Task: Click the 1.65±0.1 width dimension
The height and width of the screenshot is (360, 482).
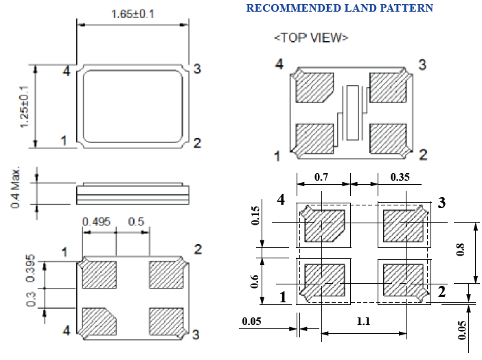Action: (132, 13)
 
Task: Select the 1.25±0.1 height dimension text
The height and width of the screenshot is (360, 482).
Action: (24, 106)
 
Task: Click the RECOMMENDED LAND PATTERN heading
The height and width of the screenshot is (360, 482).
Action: (339, 8)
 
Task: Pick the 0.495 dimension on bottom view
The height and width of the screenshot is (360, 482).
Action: (97, 221)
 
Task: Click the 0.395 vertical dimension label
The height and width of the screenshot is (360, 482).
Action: (30, 273)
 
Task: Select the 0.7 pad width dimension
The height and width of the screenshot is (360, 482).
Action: (321, 177)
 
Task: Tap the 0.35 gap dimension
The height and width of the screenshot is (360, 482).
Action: (401, 177)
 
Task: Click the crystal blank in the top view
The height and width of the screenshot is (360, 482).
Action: (354, 112)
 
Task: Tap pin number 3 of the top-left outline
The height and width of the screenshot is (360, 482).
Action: (196, 69)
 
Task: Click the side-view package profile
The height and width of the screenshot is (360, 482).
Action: (133, 192)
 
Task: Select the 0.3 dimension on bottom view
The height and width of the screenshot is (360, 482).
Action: (30, 300)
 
